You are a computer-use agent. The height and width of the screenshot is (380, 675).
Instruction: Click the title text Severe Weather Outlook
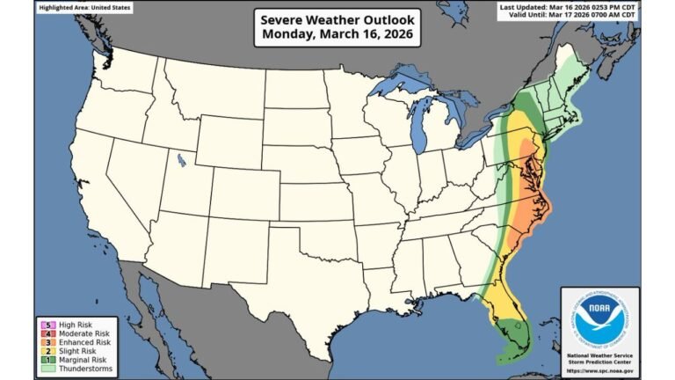(x=337, y=19)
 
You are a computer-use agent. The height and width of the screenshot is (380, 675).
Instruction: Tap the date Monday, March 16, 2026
(x=337, y=36)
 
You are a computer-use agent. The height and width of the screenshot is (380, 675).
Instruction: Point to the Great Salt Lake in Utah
(x=180, y=160)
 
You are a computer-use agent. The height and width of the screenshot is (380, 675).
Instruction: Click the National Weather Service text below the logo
(x=600, y=354)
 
